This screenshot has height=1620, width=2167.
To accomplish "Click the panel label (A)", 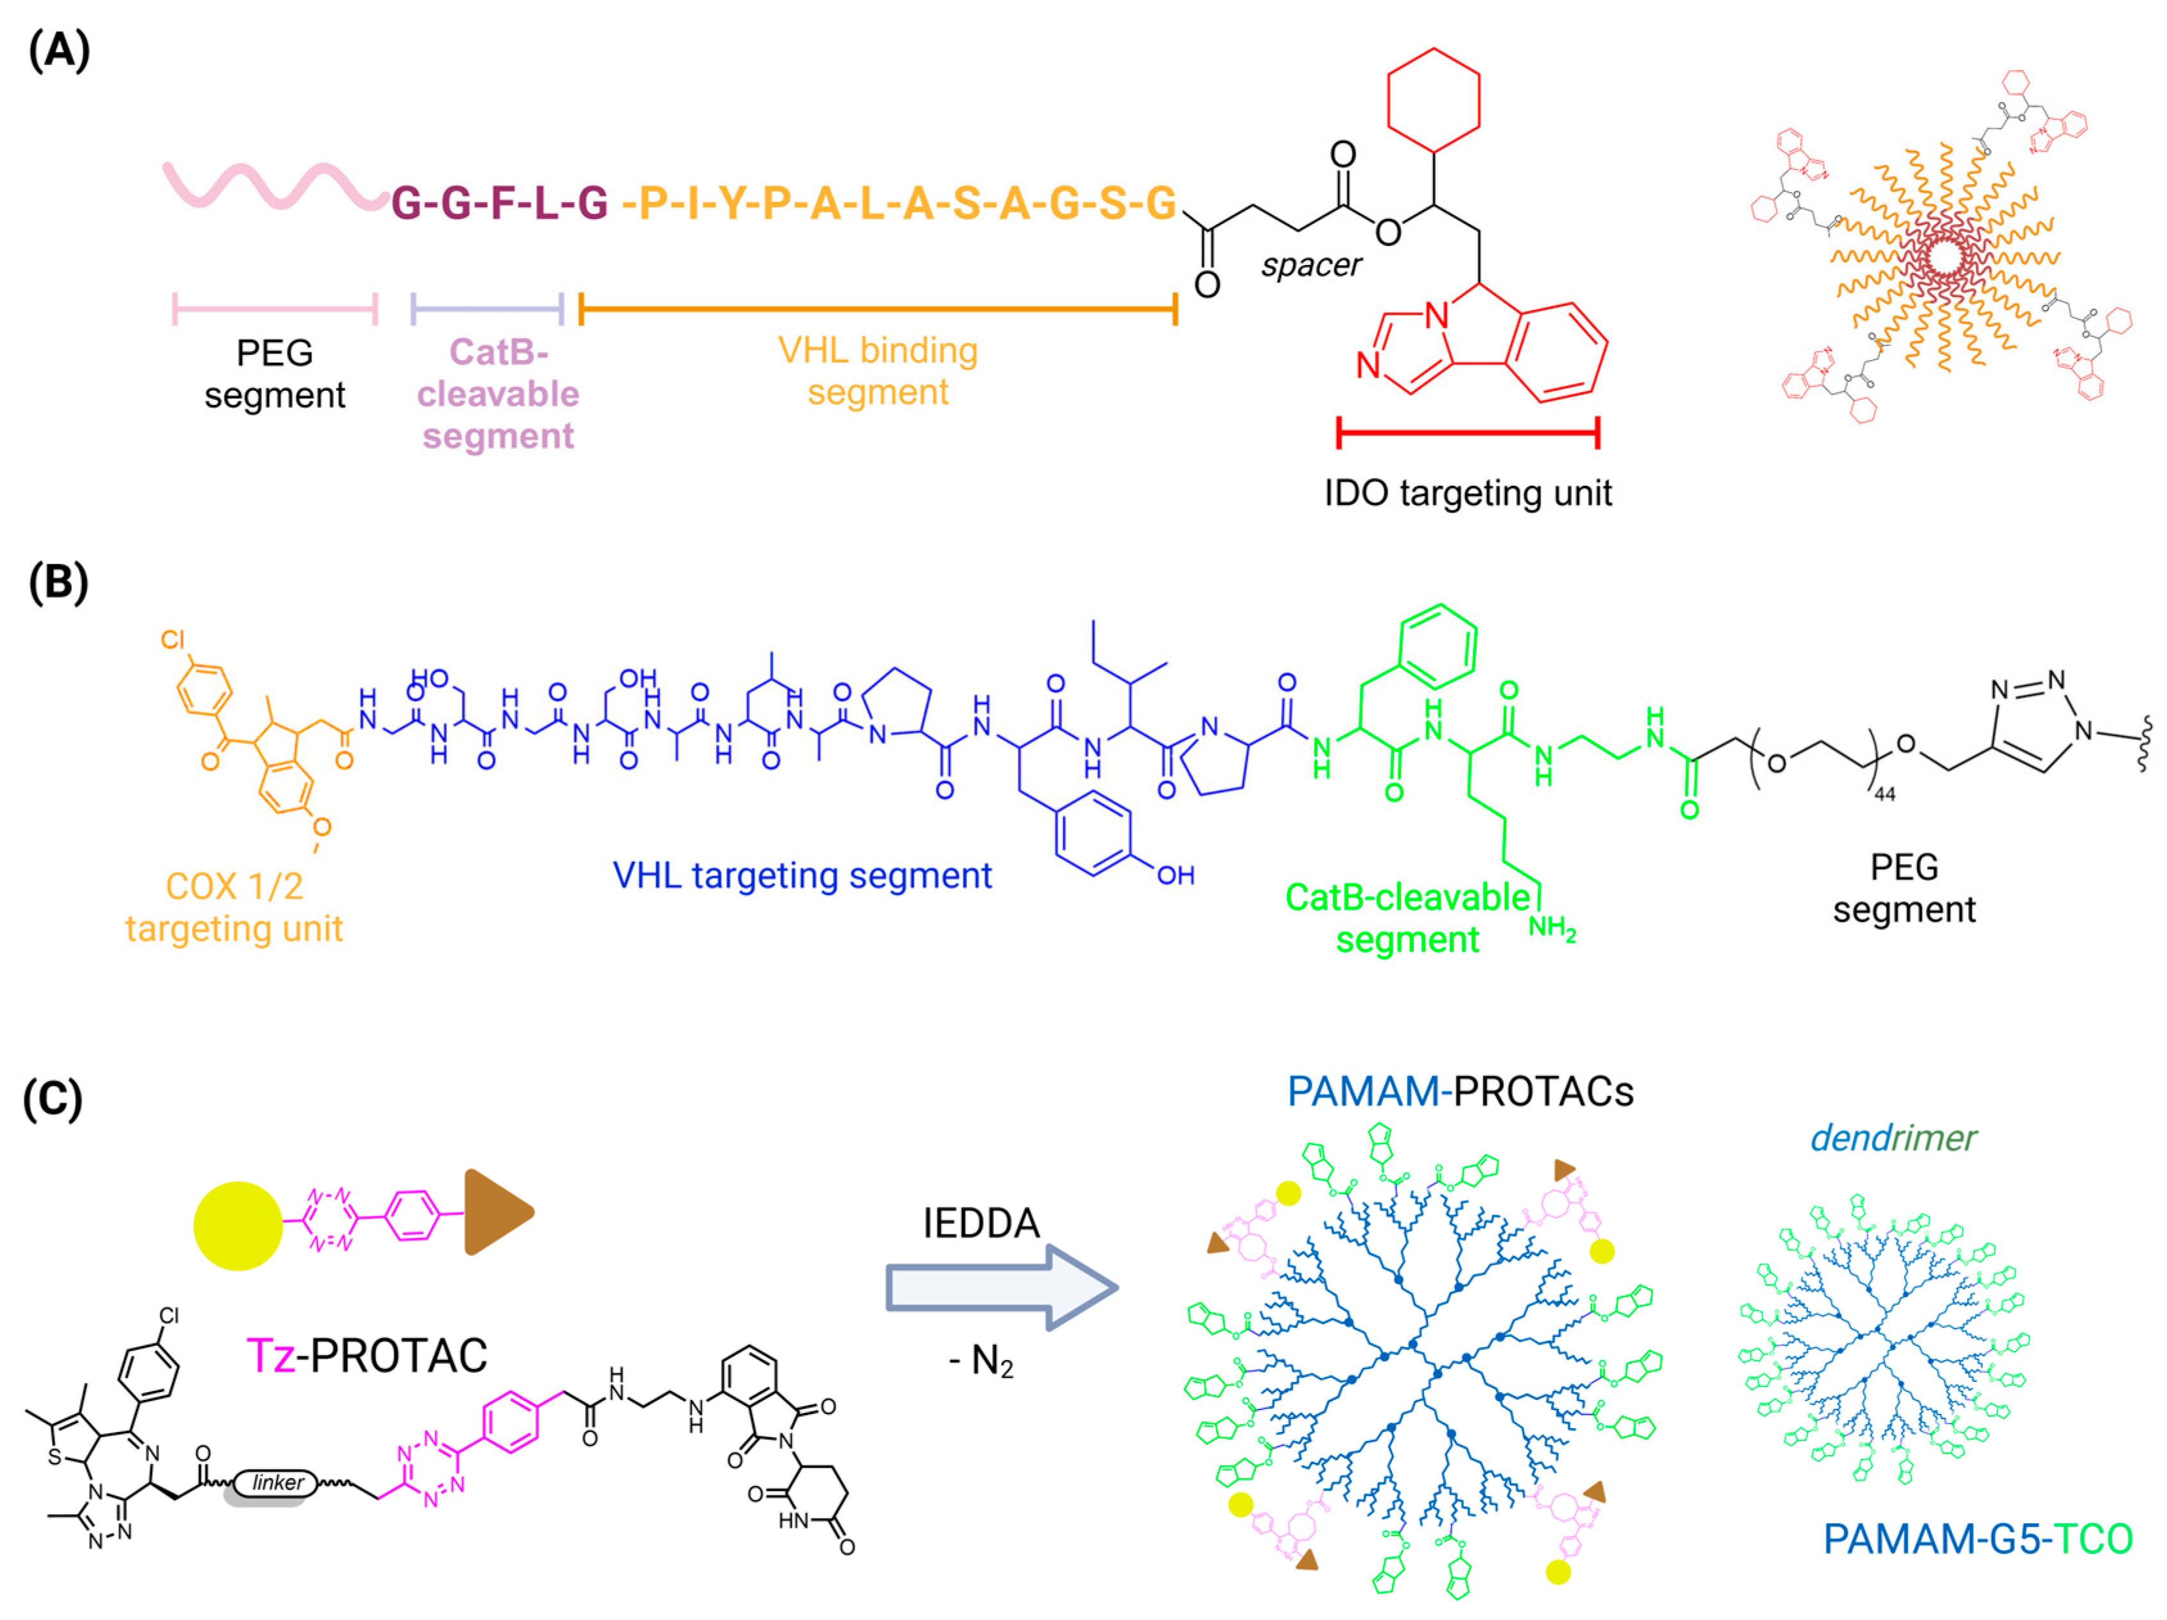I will point(59,51).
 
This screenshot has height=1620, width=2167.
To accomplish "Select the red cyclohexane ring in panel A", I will point(1433,101).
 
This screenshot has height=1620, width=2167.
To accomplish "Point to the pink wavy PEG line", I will point(274,186).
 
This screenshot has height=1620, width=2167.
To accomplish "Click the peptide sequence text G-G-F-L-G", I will point(500,203).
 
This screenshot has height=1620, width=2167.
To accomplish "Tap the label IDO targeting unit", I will point(1468,493).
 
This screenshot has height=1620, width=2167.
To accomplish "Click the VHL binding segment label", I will point(878,371).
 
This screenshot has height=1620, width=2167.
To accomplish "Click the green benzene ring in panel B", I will point(1438,646).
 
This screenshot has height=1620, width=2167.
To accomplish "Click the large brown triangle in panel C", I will point(495,1212).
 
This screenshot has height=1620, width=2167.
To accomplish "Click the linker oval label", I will point(277,1483).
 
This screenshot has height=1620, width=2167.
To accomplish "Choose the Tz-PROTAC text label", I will point(367,1356).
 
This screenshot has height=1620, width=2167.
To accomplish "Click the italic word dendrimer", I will point(1893,1138).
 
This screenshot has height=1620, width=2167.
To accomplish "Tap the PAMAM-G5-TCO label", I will point(1977,1538).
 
